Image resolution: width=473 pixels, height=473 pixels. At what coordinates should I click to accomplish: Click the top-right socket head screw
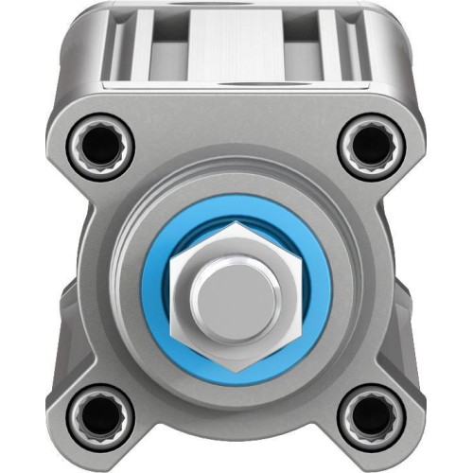coord(371,144)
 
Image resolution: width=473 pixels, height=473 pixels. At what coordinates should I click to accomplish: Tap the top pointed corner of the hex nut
coord(236,223)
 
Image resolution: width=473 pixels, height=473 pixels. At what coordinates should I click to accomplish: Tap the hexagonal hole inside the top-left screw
coord(98,144)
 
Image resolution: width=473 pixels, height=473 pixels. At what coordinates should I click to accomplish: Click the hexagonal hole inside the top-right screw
coord(371,144)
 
